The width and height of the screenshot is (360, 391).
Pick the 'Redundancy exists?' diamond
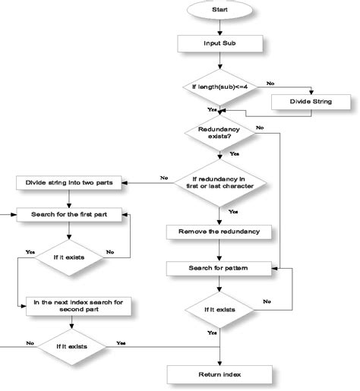219,132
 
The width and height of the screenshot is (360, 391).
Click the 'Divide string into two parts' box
70,182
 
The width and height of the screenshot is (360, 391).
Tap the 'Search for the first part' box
69,214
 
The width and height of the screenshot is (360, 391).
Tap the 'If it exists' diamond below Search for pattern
219,309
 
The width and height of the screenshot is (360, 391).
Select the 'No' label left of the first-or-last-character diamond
163,177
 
